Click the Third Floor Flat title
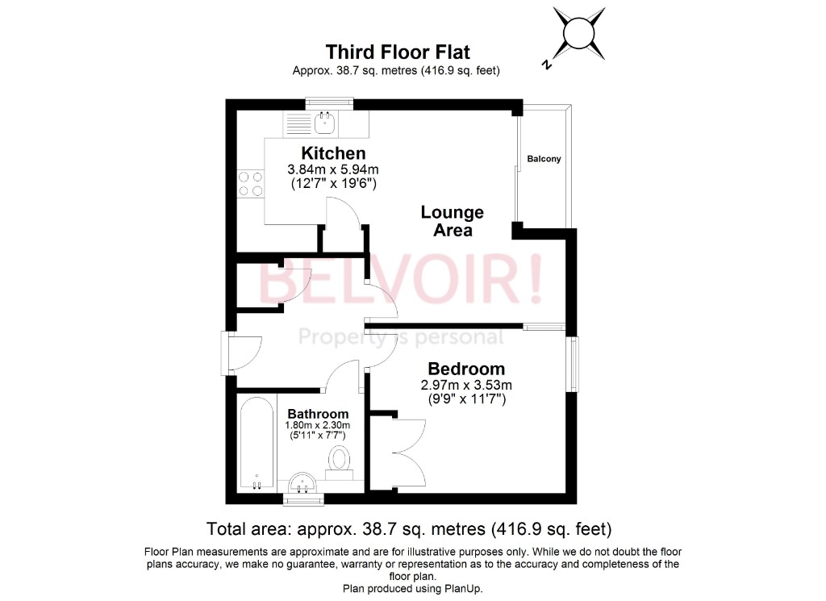(396, 52)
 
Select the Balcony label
(544, 159)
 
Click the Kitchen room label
(333, 153)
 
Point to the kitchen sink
(326, 123)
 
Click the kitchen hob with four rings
(250, 184)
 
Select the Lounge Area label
(452, 221)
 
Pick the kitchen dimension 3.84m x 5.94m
(333, 169)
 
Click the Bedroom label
(466, 369)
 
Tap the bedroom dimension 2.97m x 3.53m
(466, 385)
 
